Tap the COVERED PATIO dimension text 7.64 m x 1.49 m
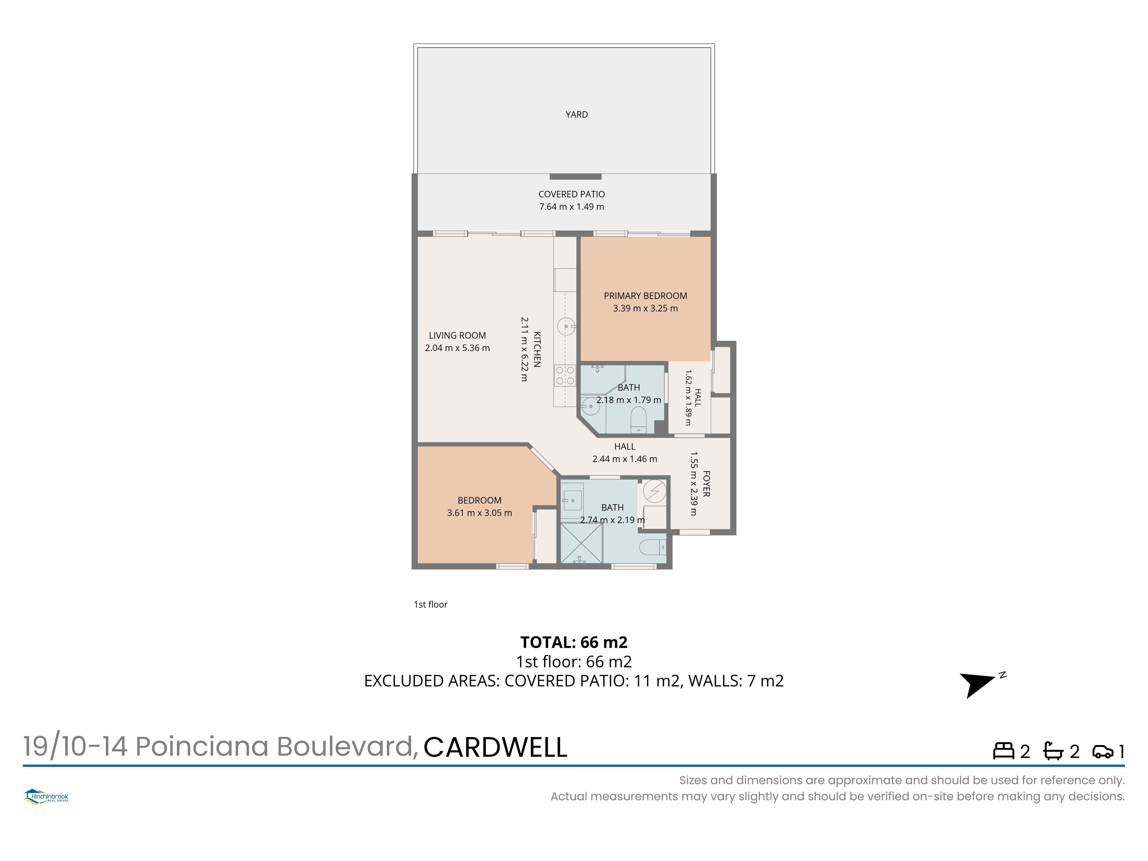[571, 207]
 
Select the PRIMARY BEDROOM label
[645, 296]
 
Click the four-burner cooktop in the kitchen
[565, 375]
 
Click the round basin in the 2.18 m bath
[590, 406]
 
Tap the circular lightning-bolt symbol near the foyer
[654, 490]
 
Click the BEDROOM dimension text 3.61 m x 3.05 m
[480, 513]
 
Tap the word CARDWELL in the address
[496, 747]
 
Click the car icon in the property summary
[1103, 751]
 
